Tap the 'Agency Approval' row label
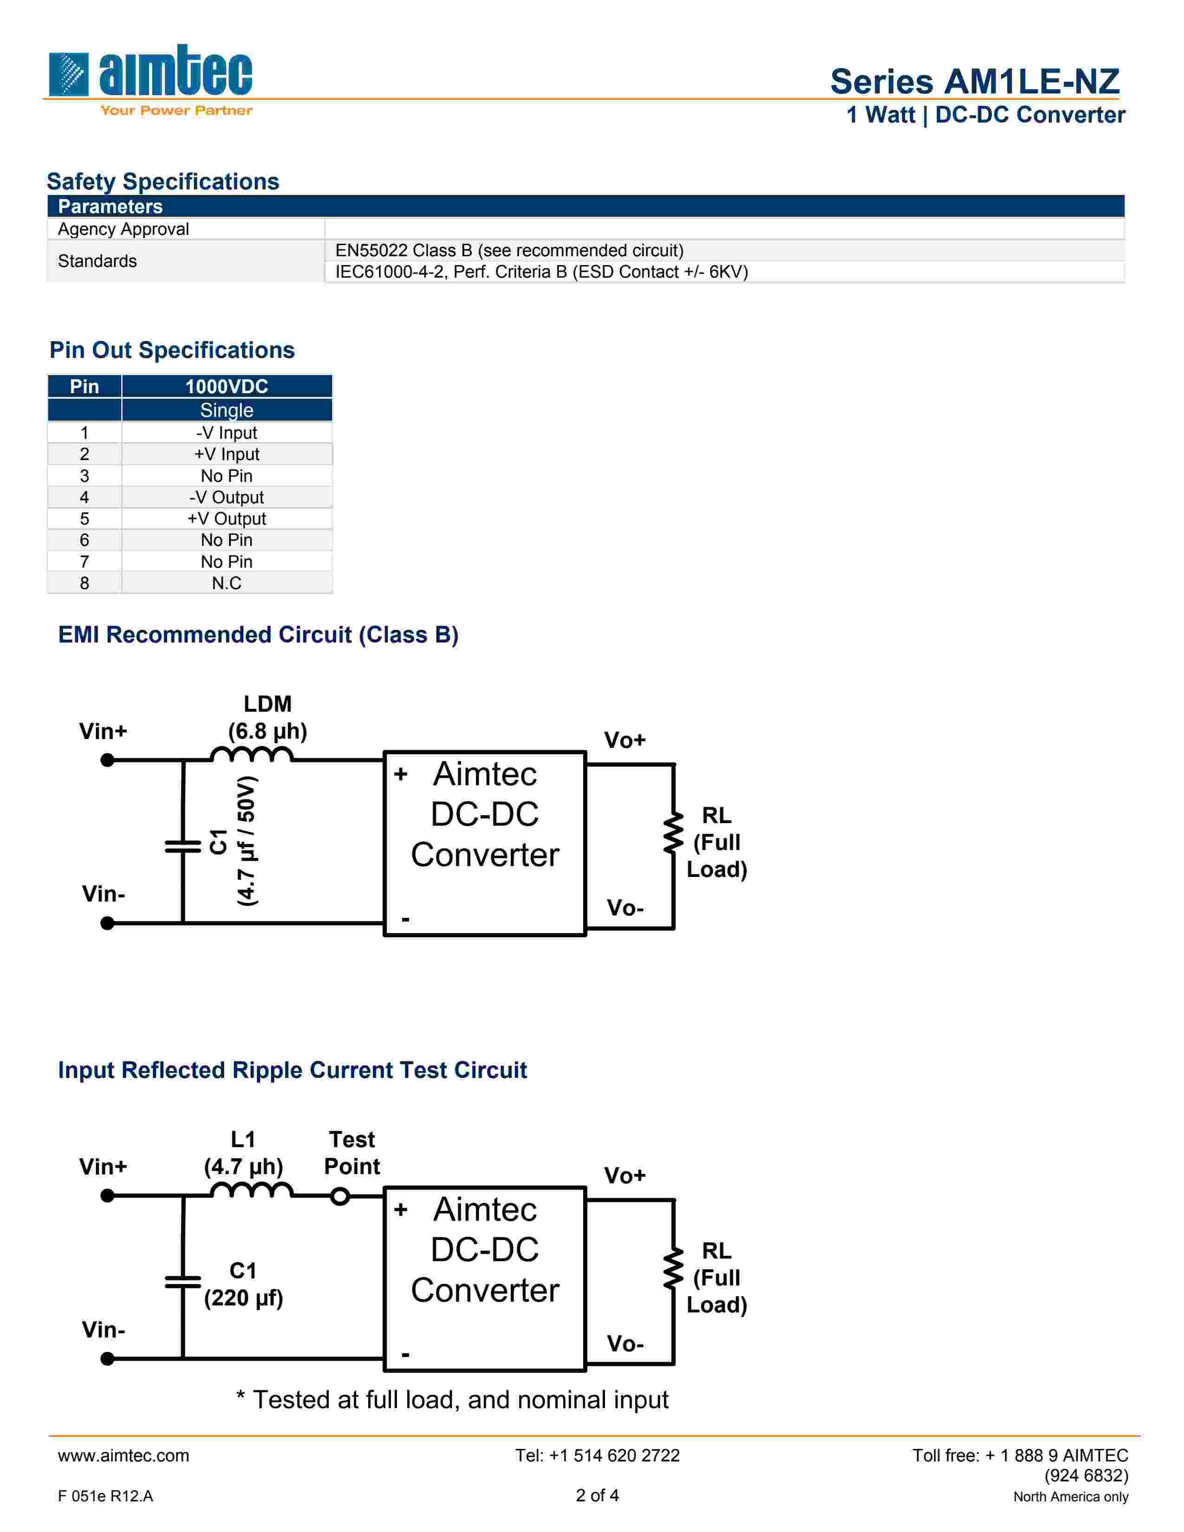(124, 229)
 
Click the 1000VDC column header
(227, 387)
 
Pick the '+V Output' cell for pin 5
(227, 519)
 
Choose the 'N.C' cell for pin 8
(227, 584)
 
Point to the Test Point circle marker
(340, 1196)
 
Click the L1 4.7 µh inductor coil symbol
(252, 1190)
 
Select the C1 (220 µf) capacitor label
(243, 1285)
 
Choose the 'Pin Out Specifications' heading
(172, 350)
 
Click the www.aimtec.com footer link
(124, 1455)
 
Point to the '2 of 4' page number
(597, 1495)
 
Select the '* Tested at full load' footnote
(452, 1400)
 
